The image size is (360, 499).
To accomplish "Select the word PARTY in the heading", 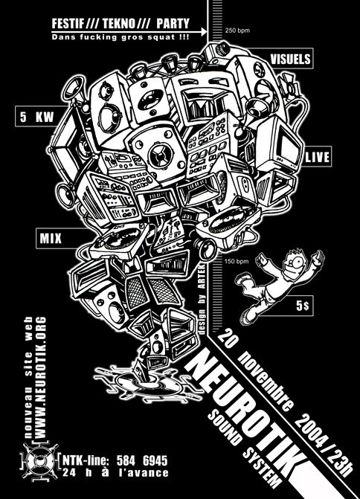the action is [173, 24].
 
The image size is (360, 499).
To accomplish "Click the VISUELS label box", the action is [290, 59].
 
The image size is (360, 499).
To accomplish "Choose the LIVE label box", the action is [318, 157].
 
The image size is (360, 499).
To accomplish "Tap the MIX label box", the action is [51, 238].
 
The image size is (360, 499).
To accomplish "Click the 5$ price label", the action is [303, 306].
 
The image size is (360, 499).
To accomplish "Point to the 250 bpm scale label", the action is [237, 31].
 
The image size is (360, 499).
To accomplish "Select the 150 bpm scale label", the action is [237, 262].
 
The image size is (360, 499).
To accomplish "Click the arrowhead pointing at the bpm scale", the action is [205, 31].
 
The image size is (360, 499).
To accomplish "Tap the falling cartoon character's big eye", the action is [299, 262].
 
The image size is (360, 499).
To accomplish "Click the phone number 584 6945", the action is [141, 460].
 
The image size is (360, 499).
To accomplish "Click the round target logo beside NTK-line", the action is [39, 462].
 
